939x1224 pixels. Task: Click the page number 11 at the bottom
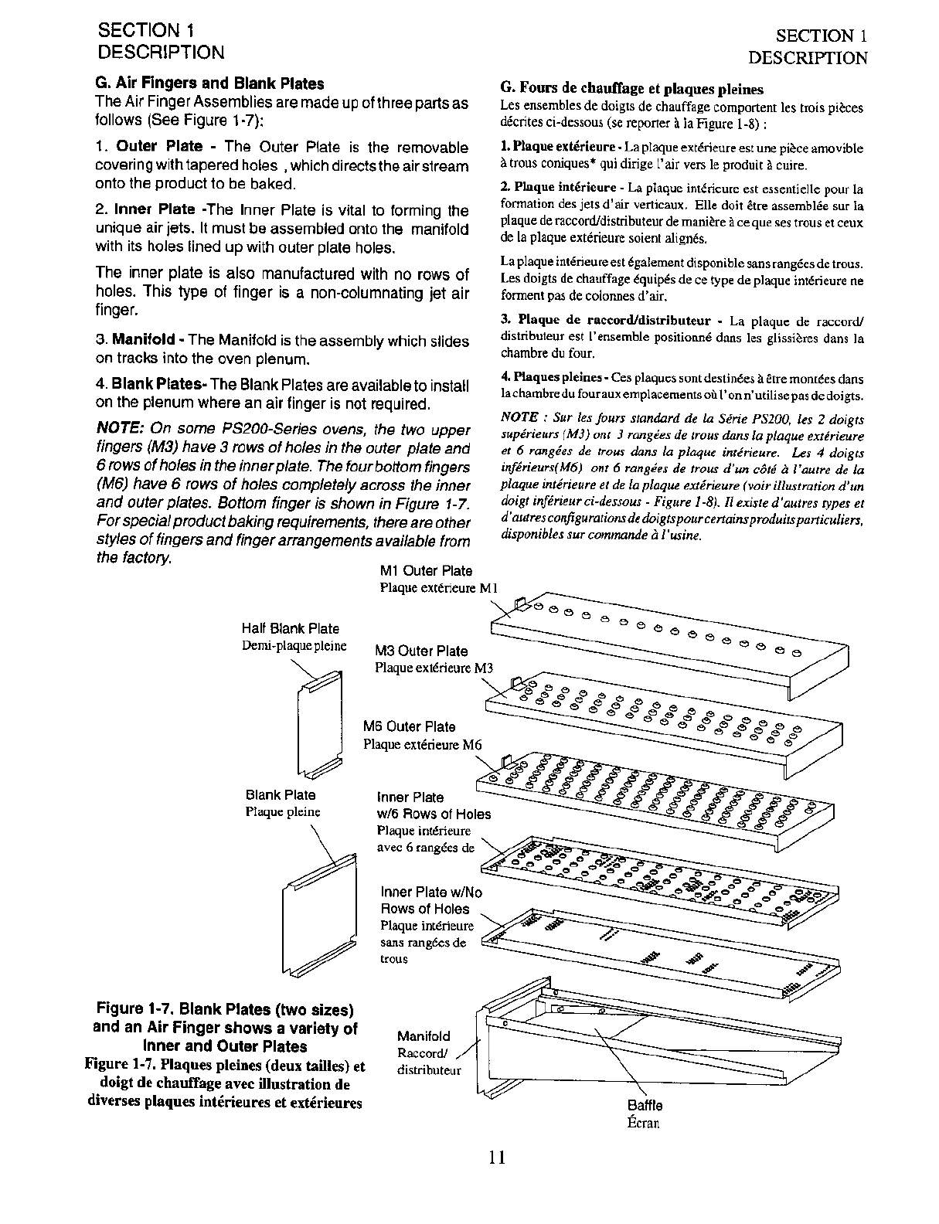(496, 1157)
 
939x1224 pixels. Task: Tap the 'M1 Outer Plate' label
(426, 571)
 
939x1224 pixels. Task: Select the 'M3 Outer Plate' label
(421, 651)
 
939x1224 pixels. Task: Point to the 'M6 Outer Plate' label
(410, 727)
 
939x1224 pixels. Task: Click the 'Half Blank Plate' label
(290, 629)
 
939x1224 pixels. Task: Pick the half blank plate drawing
(319, 724)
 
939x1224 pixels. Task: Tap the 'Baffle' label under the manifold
(645, 1106)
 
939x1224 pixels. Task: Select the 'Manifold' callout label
(423, 1036)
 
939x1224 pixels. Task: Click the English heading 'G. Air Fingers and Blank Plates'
(209, 83)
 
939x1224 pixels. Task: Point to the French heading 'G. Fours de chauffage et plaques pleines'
(631, 89)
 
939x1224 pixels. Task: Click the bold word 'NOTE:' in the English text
(121, 429)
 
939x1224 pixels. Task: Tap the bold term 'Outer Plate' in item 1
(159, 147)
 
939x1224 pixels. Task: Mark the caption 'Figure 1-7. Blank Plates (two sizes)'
(225, 1009)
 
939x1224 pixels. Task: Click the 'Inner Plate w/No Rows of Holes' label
(430, 901)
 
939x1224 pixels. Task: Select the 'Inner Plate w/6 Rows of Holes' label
(433, 805)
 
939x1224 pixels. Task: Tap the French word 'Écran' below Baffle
(643, 1123)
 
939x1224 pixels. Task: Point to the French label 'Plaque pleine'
(282, 812)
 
